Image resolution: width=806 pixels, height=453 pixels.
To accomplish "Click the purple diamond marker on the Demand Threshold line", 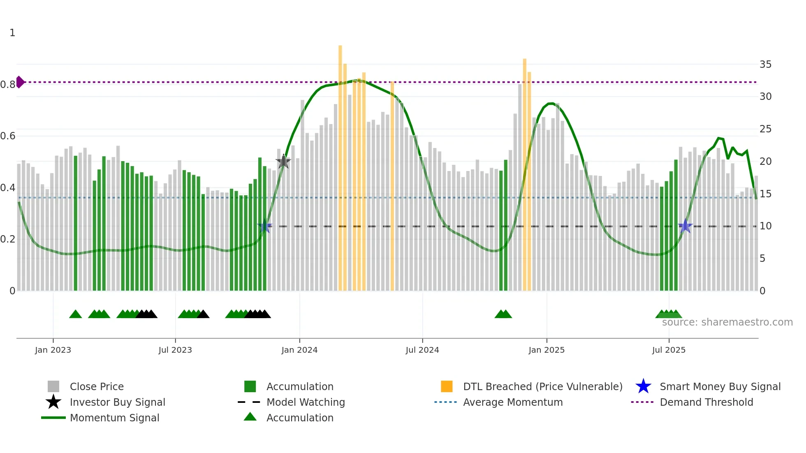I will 20,82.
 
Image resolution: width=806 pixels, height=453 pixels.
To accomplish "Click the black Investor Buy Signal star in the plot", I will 283,162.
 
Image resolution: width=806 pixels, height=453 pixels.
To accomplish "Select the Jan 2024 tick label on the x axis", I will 299,350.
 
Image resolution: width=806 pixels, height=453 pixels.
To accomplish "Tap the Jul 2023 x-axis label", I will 175,350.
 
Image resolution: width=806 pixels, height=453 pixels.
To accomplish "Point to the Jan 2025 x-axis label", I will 547,350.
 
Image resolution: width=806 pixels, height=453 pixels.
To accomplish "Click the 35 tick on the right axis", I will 765,65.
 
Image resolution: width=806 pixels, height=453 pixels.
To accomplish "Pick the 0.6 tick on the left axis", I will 8,136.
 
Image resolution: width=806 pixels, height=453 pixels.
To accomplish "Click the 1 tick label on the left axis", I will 12,33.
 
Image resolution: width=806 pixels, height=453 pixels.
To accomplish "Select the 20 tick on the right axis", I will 765,162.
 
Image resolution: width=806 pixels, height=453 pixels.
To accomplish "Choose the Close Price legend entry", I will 97,386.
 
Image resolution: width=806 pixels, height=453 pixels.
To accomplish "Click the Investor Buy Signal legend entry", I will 117,402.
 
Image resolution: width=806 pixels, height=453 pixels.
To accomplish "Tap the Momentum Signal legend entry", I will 114,418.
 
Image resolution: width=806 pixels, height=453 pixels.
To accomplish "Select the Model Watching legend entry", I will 306,402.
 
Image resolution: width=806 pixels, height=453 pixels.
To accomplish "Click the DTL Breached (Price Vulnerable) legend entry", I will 542,386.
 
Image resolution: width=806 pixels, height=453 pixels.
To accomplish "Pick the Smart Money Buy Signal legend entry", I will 720,386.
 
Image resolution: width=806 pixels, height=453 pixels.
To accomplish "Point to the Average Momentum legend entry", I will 513,402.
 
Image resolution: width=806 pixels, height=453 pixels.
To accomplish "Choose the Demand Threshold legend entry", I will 706,402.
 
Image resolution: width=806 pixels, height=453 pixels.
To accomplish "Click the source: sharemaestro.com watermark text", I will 727,322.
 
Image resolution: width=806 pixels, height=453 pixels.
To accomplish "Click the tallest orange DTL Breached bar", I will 340,164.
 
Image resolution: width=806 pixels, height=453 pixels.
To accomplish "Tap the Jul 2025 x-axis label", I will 669,350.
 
